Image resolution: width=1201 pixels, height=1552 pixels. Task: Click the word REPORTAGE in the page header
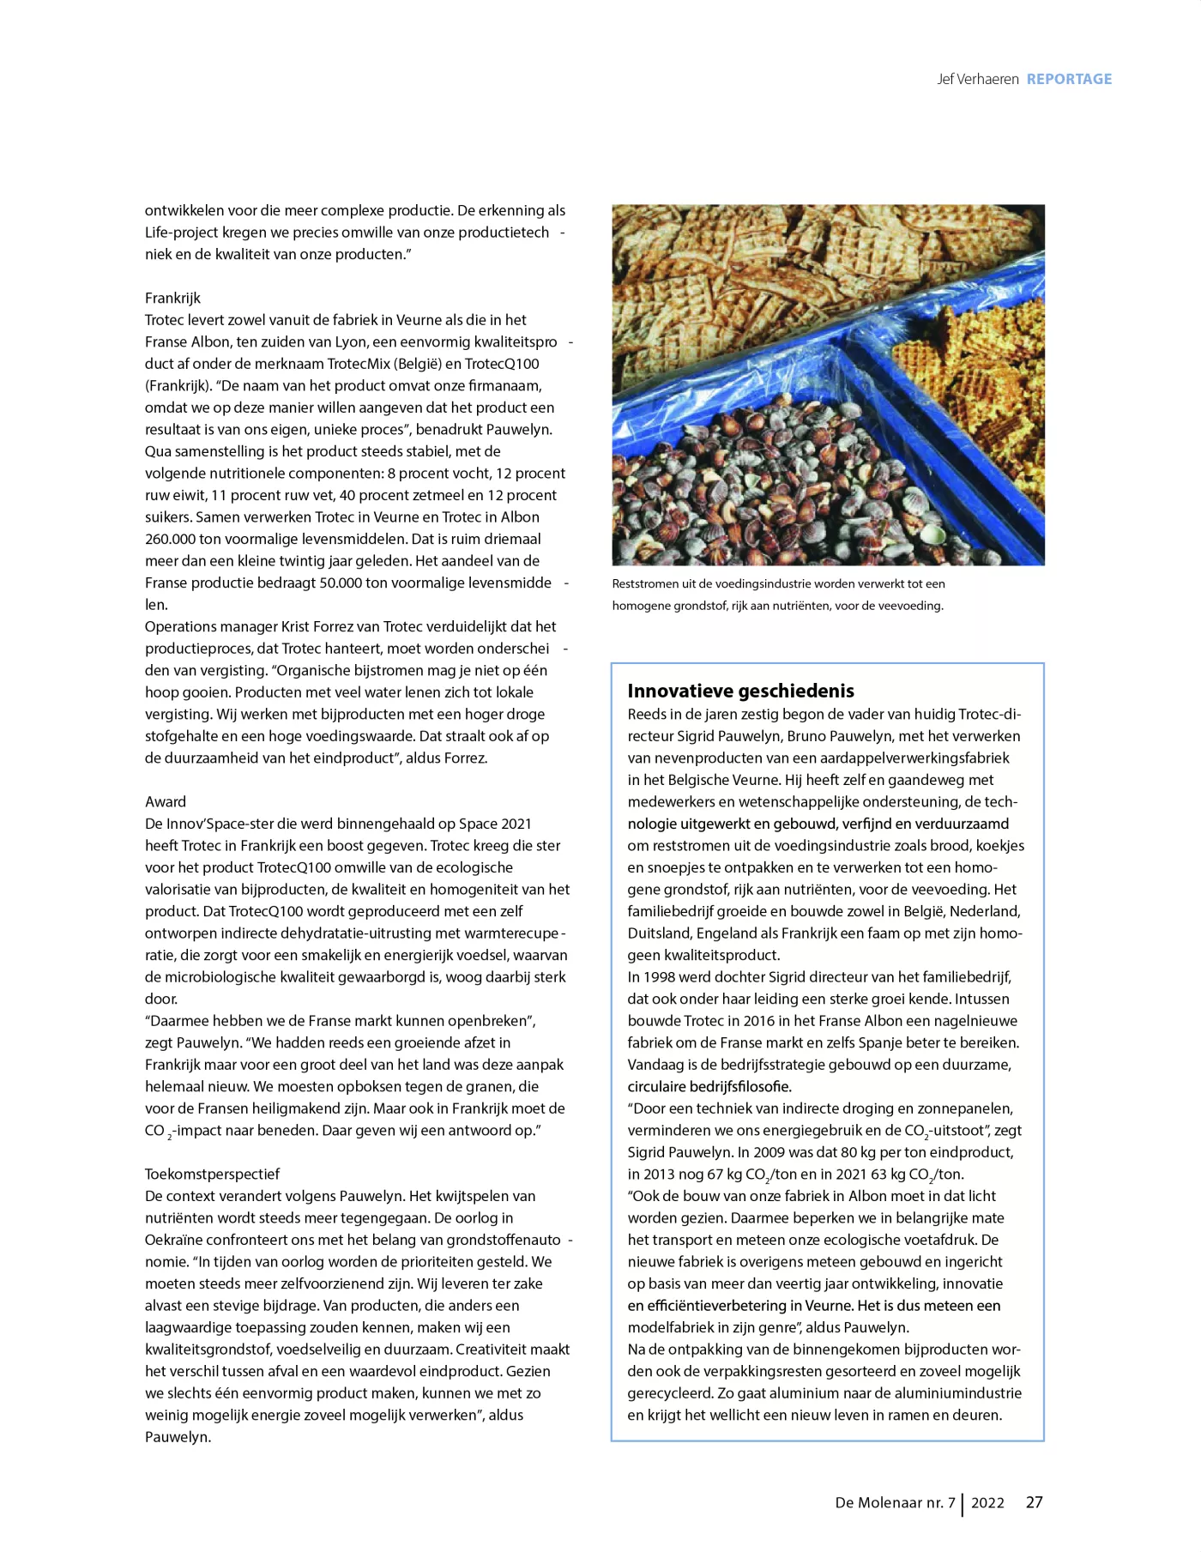tap(1069, 79)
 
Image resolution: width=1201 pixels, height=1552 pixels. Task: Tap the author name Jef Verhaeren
tap(977, 79)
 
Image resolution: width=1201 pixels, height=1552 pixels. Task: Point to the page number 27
tap(1035, 1502)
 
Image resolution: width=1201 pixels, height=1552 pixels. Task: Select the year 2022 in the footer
tap(987, 1503)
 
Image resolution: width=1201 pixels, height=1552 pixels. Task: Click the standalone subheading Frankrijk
tap(172, 298)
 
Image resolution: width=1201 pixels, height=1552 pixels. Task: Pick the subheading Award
tap(166, 801)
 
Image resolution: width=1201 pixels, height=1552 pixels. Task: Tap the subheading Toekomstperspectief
tap(212, 1174)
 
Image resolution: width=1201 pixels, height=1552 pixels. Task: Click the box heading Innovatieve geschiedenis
tap(740, 691)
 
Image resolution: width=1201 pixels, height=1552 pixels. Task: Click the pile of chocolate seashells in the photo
tap(755, 498)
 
